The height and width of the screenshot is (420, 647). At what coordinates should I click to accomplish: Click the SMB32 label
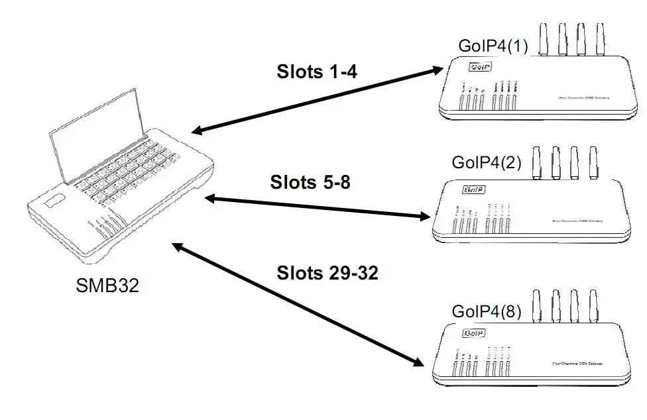coord(107,287)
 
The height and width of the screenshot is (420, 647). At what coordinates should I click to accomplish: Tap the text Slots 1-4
coord(316,72)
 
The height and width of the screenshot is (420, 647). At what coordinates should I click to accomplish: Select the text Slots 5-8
coord(310,182)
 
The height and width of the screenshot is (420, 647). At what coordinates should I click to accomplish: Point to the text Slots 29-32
coord(327,273)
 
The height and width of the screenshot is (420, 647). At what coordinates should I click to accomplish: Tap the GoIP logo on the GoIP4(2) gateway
coord(475,190)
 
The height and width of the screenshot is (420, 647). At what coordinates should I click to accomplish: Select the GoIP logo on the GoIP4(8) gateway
coord(473,333)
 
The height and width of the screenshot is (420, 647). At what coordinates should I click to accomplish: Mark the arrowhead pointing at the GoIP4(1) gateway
coord(438,68)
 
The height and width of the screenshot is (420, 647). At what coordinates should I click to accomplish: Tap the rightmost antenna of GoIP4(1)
coord(601,39)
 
